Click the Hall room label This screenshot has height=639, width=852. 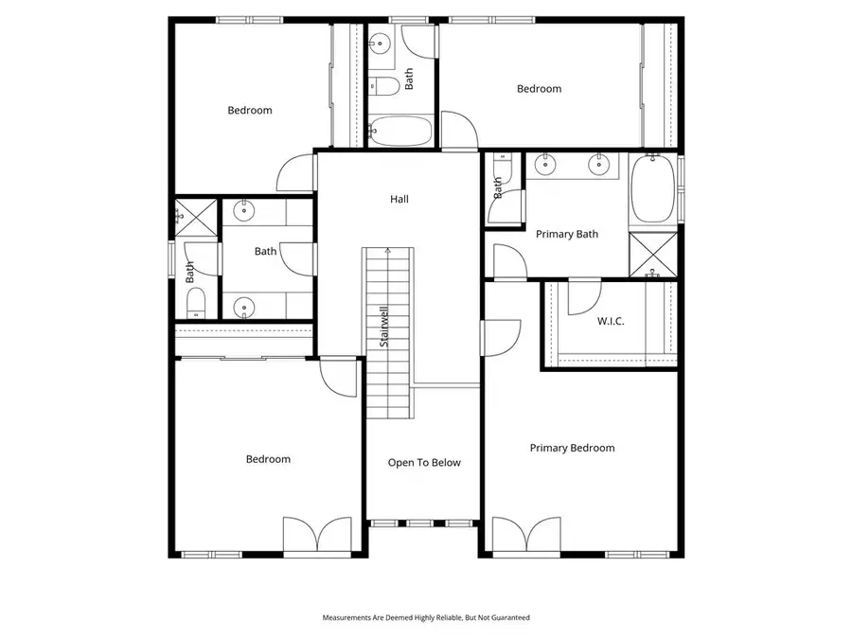tap(399, 200)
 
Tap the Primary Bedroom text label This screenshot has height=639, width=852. tap(572, 449)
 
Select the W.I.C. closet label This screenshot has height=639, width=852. tap(611, 322)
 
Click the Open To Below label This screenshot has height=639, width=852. tap(424, 463)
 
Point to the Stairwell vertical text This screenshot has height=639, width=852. tap(385, 326)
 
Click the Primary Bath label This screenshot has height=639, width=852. tap(567, 235)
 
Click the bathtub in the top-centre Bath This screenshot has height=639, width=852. tap(400, 132)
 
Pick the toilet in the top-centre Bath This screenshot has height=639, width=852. tap(384, 86)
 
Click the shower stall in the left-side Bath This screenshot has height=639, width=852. tap(194, 216)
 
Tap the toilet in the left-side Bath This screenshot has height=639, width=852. tap(196, 303)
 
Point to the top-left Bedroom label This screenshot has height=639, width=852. tap(250, 111)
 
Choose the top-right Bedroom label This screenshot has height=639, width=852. tap(539, 89)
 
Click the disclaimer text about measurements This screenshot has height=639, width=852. tap(426, 617)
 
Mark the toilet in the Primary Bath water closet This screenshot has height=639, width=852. tap(503, 169)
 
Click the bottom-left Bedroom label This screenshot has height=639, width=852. tap(268, 460)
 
